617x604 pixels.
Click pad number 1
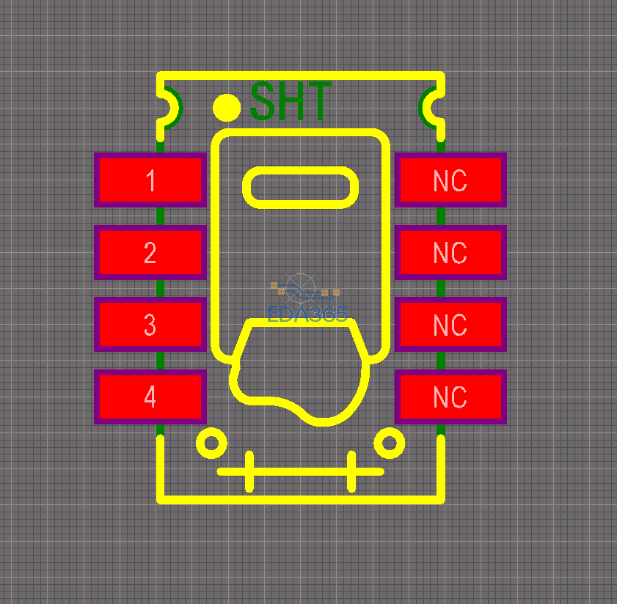coord(150,180)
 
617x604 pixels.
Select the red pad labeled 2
coord(150,252)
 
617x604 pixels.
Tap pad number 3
coord(150,325)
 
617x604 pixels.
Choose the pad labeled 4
coord(150,397)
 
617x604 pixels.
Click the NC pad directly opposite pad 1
coord(450,180)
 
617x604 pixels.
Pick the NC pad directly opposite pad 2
coord(450,252)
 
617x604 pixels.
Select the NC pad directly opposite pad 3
coord(450,325)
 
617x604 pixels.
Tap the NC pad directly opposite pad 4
coord(450,397)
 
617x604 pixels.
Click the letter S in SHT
coord(262,100)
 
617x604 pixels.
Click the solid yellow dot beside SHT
coord(227,107)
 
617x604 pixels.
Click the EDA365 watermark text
coord(307,314)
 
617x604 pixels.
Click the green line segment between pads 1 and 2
coord(160,216)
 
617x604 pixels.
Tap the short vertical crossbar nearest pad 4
coord(249,471)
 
